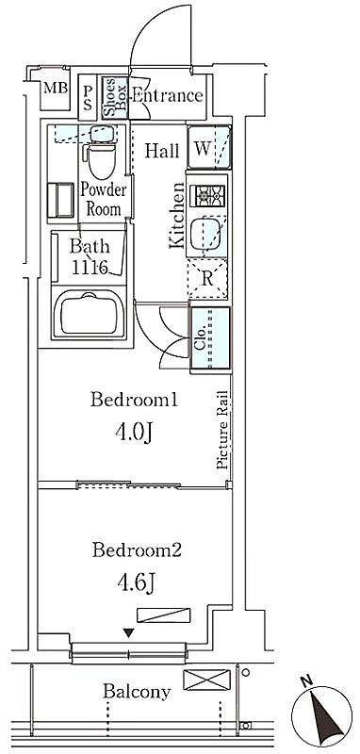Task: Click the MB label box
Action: [56, 89]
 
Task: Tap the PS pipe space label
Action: [88, 98]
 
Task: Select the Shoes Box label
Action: [115, 97]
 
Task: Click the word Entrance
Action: [167, 96]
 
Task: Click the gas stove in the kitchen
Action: [207, 195]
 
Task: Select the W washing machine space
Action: [209, 147]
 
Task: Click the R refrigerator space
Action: [207, 279]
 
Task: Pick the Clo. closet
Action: [210, 339]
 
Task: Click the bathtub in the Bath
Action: [89, 315]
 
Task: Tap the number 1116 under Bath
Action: [89, 267]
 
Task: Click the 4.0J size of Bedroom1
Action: [134, 433]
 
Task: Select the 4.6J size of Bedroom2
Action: [136, 582]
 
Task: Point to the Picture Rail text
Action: [222, 429]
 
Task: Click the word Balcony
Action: [137, 693]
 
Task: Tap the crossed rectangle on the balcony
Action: [206, 680]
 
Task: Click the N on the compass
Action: [304, 680]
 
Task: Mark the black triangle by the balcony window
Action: [128, 632]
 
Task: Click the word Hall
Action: [162, 151]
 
